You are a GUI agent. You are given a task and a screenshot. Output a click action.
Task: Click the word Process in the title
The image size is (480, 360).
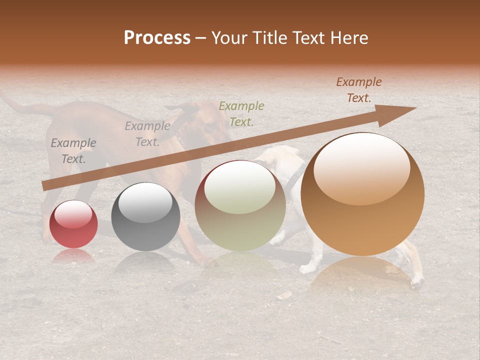coord(157,38)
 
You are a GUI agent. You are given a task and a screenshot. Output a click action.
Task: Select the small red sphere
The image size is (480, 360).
coord(73,224)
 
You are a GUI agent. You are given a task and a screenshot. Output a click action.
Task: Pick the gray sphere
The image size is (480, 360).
coord(145,217)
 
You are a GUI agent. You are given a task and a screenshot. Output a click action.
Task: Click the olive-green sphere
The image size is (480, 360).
coord(240,205)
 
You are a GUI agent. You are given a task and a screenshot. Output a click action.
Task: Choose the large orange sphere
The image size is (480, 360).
coord(362,194)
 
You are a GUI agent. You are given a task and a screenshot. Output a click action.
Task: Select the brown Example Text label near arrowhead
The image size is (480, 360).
coord(359,90)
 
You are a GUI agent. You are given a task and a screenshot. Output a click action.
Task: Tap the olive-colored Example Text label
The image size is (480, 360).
coord(241,113)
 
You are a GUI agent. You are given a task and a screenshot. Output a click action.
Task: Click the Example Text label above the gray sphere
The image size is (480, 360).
coord(147,134)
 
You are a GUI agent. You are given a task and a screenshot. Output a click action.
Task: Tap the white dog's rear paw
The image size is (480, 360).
coord(417,283)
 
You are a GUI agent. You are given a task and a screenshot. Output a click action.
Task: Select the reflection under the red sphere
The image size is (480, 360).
coord(73,256)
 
